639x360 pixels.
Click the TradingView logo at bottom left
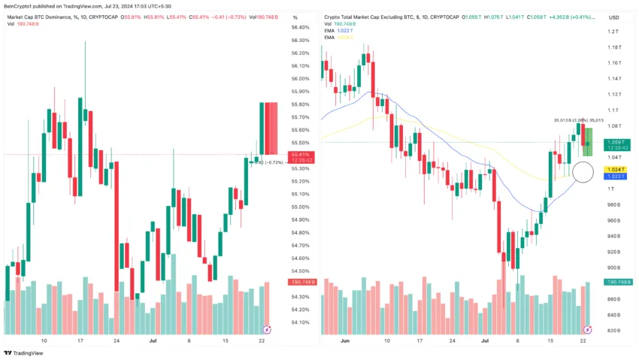[23, 352]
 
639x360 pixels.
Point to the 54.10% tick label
[300, 322]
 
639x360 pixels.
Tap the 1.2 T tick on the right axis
[613, 32]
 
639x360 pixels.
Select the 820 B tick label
[614, 331]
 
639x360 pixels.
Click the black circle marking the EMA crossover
[583, 172]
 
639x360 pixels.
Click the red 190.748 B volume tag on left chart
[301, 282]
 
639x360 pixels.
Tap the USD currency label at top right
[614, 17]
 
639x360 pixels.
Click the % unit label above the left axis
[295, 17]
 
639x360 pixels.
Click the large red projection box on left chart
[269, 128]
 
